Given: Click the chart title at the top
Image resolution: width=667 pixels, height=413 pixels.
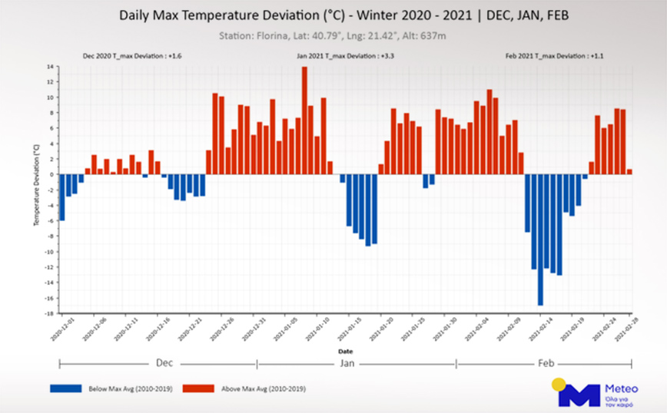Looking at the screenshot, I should pyautogui.click(x=333, y=15).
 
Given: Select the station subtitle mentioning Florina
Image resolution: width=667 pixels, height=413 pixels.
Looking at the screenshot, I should pyautogui.click(x=333, y=35).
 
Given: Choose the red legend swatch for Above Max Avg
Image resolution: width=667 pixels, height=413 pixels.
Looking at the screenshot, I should pyautogui.click(x=198, y=389).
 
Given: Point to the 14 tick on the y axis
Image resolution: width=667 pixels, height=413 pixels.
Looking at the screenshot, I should pyautogui.click(x=48, y=67).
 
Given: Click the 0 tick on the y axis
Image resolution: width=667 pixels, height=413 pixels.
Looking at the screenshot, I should pyautogui.click(x=50, y=174).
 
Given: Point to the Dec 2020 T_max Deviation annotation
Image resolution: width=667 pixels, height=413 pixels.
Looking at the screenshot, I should pyautogui.click(x=131, y=56).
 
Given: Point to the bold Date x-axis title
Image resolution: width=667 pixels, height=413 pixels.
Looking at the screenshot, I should pyautogui.click(x=345, y=351).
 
